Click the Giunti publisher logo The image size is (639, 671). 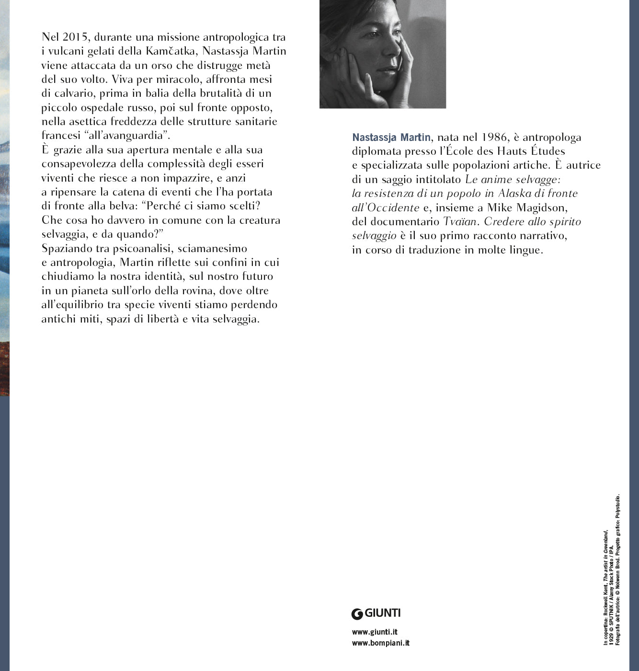pos(376,613)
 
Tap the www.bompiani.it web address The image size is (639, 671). pos(380,643)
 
